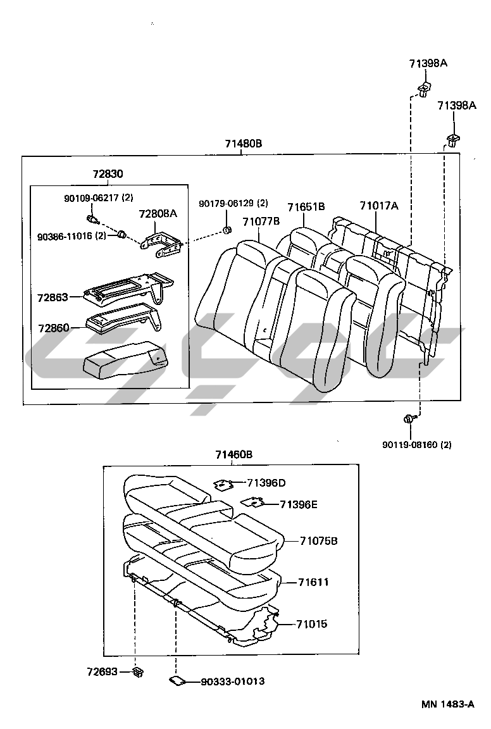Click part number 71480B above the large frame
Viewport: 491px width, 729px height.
[243, 143]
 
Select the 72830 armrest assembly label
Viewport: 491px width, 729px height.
[108, 174]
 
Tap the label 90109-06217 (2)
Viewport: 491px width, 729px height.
[99, 197]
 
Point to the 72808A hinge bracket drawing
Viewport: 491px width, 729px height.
[161, 244]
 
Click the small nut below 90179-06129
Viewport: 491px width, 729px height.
[227, 229]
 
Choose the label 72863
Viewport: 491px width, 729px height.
[53, 297]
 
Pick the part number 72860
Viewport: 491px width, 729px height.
[54, 328]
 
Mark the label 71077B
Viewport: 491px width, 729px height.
[261, 221]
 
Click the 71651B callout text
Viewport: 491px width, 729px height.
[306, 207]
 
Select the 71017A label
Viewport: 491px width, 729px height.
[379, 205]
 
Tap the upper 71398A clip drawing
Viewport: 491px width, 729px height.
[423, 89]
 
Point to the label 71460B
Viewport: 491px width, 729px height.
[234, 454]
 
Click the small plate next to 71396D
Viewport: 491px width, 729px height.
[223, 485]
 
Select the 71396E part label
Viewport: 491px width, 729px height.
[299, 504]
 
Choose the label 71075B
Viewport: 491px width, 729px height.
[318, 540]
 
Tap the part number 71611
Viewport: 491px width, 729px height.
[313, 582]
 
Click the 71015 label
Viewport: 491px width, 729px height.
[312, 623]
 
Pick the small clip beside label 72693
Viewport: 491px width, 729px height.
[138, 672]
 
